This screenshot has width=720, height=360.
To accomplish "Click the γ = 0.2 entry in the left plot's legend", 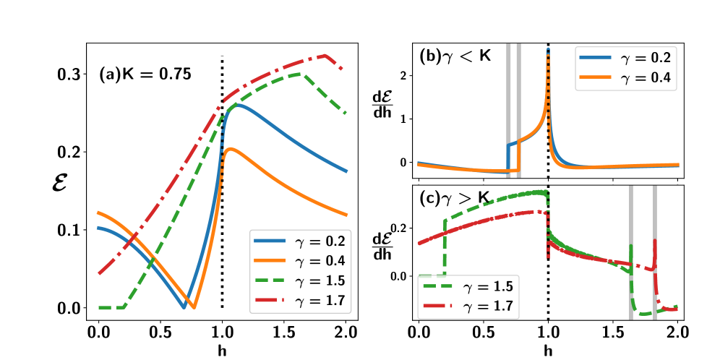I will tap(301, 241).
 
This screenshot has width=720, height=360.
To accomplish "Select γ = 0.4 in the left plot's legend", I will tap(301, 261).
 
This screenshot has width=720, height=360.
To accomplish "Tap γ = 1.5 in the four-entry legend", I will tap(301, 281).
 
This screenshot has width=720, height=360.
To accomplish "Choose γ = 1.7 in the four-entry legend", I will tap(301, 301).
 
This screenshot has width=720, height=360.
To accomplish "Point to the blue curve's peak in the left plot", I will tap(236, 105).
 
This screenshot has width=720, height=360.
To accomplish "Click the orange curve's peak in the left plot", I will tap(229, 149).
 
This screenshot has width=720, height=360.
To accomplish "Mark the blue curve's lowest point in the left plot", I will tap(184, 307).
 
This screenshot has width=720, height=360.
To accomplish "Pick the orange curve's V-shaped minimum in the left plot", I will tap(192, 308).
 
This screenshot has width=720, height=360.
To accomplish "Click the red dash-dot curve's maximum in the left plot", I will tap(325, 55).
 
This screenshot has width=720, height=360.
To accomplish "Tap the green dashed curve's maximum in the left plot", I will tap(301, 73).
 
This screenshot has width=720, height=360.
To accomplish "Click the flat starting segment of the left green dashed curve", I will tap(110, 309).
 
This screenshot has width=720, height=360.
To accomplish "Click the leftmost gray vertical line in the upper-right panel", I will tap(508, 108).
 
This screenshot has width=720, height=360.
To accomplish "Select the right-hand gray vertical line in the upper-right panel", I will tap(519, 108).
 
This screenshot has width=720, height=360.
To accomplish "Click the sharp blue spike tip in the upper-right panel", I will tap(548, 49).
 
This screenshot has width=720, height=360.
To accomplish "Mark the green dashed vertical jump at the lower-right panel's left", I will tap(445, 246).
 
